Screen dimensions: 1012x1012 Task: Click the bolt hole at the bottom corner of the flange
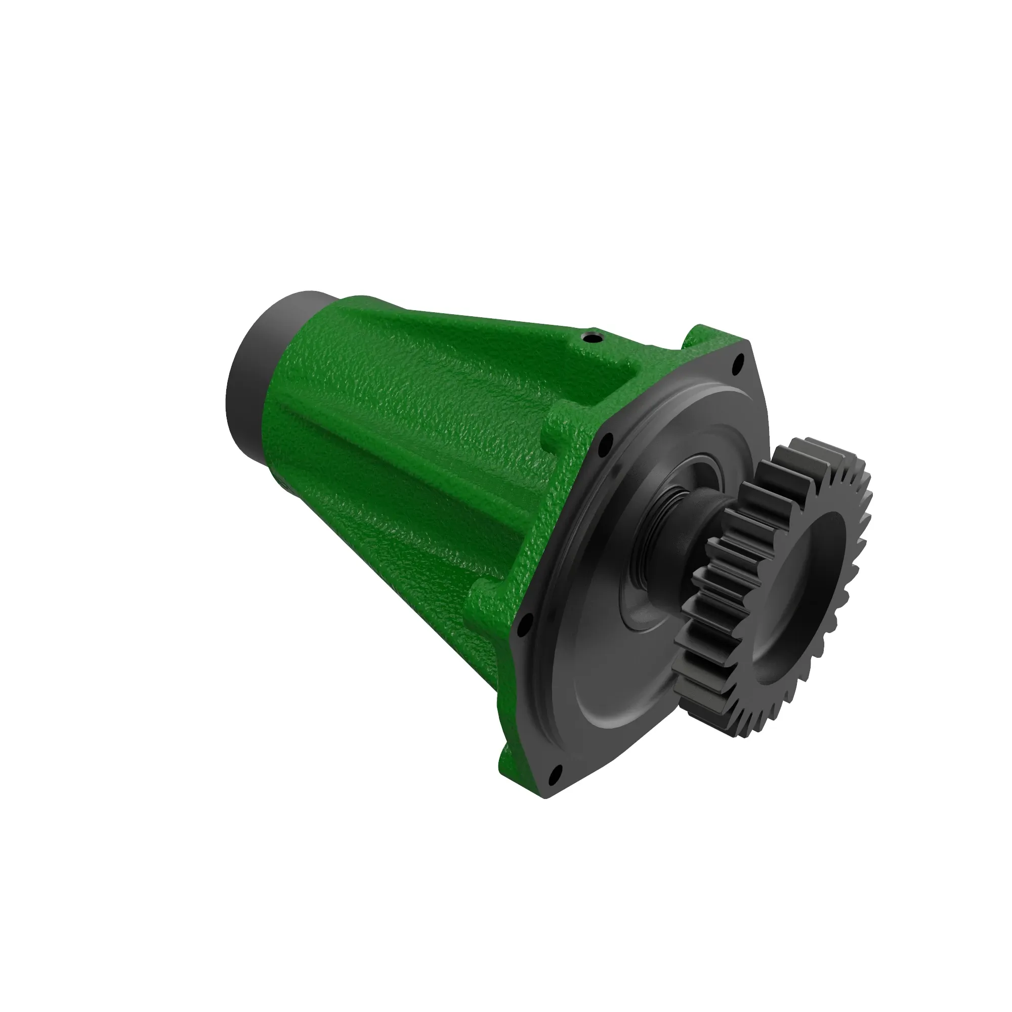pos(557,770)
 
